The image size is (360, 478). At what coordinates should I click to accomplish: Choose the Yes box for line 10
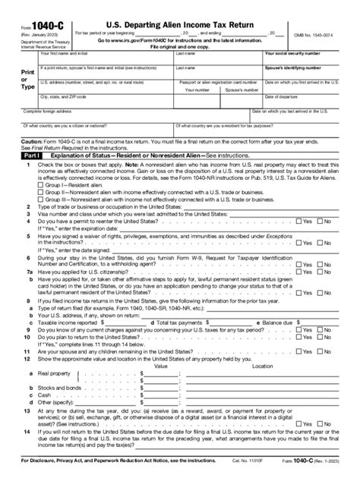coord(299,351)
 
